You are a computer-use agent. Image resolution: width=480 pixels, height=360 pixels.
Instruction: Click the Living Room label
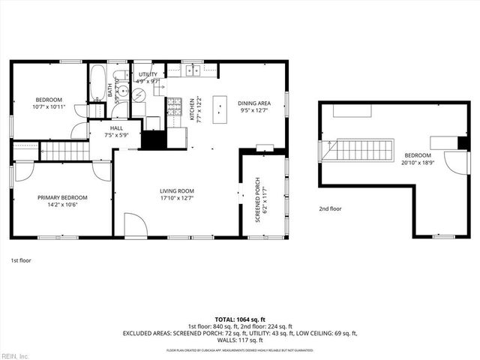point(177,194)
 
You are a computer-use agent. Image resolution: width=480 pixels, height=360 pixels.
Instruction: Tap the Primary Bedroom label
point(62,201)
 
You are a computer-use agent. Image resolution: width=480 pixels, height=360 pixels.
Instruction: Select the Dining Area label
point(254,106)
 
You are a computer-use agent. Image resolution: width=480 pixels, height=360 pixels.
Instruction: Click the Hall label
point(117,132)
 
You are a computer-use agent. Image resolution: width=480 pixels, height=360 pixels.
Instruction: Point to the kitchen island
point(220,109)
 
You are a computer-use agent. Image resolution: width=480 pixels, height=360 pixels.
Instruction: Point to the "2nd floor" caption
point(330,209)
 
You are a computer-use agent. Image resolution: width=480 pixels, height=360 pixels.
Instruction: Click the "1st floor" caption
point(19,260)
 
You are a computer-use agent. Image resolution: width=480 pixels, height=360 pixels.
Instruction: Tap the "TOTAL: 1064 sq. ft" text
point(240,319)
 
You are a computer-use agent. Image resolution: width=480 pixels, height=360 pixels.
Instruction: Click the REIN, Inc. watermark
point(15,355)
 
